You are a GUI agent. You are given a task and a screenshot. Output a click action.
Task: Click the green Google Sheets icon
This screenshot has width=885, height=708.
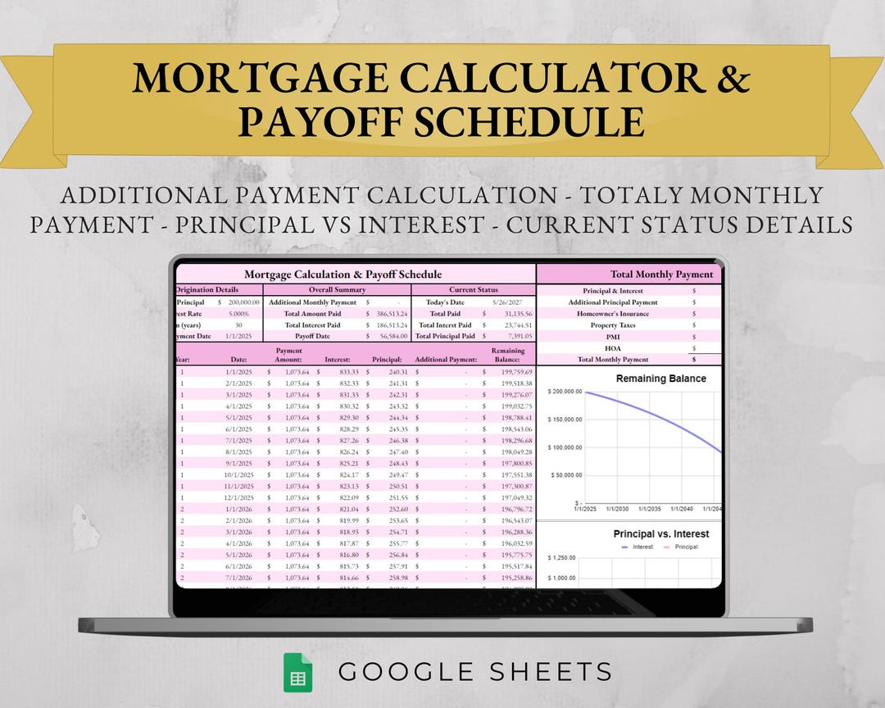297,672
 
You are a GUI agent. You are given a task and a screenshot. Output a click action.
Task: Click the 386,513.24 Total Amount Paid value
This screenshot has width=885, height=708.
391,313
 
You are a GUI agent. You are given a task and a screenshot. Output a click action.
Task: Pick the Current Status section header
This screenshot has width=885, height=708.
474,290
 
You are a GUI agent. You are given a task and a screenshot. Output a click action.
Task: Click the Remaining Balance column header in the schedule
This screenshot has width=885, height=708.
507,355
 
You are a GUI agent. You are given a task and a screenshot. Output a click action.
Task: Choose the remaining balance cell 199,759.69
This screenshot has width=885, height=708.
514,372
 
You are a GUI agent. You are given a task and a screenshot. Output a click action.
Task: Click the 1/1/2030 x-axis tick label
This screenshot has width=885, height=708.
618,509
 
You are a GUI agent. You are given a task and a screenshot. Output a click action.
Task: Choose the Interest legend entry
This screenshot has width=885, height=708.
642,547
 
